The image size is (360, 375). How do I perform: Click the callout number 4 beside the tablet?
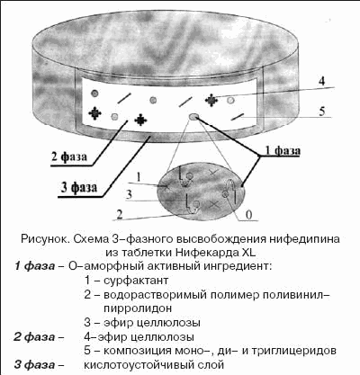[321, 81]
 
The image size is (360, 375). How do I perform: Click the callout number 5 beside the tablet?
[322, 112]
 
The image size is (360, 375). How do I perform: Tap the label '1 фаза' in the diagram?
[283, 150]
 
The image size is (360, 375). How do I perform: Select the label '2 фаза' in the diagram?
[69, 156]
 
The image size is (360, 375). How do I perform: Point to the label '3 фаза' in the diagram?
[79, 188]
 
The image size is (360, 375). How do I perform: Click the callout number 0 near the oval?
[248, 215]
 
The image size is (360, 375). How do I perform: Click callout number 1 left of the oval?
[139, 177]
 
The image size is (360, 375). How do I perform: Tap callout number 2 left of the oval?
[120, 214]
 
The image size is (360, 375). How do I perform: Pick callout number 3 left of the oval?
[129, 194]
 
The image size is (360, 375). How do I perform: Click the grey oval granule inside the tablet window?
[193, 117]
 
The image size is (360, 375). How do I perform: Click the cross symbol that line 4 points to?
[211, 101]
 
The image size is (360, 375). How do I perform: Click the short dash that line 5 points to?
[238, 117]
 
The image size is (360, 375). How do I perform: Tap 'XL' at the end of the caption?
[247, 252]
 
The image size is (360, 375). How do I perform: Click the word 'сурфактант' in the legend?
[136, 281]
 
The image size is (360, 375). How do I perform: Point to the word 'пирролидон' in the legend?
[138, 308]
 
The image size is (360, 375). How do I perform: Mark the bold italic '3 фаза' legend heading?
[34, 365]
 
